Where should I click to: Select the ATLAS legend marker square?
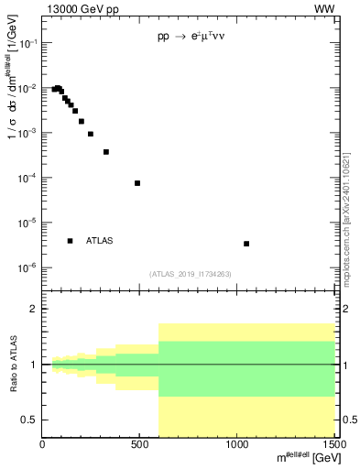click(x=71, y=241)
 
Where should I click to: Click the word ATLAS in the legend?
click(x=100, y=241)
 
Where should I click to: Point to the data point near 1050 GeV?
click(x=246, y=244)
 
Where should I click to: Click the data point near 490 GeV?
click(x=137, y=183)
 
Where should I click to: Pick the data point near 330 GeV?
click(x=106, y=152)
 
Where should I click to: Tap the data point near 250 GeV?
click(x=91, y=134)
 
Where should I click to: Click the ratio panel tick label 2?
click(x=32, y=310)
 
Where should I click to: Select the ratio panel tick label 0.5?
click(x=28, y=420)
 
